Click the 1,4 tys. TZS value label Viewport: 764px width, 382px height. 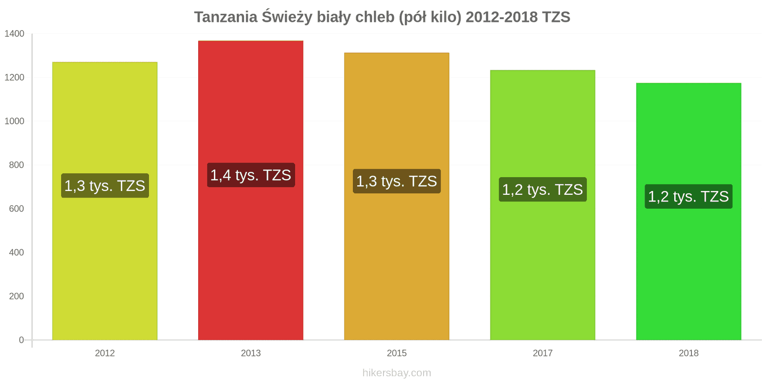coord(251,175)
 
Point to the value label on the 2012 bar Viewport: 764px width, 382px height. coord(105,186)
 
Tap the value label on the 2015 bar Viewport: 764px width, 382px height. coord(396,181)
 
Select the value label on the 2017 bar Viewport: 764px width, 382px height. coord(542,190)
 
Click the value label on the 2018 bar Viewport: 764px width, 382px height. coord(689,197)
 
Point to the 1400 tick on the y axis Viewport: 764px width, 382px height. coord(14,34)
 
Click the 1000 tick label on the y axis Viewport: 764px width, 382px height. coord(14,121)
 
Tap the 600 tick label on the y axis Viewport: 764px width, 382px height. coord(16,209)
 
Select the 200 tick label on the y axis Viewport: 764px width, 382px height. coord(16,296)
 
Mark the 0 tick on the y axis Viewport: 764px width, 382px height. coord(21,340)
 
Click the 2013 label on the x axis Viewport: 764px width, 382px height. coord(251,353)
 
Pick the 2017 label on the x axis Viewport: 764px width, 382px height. coord(542,353)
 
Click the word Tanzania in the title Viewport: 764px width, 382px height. coord(225,17)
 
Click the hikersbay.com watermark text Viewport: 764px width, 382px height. coord(396,373)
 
